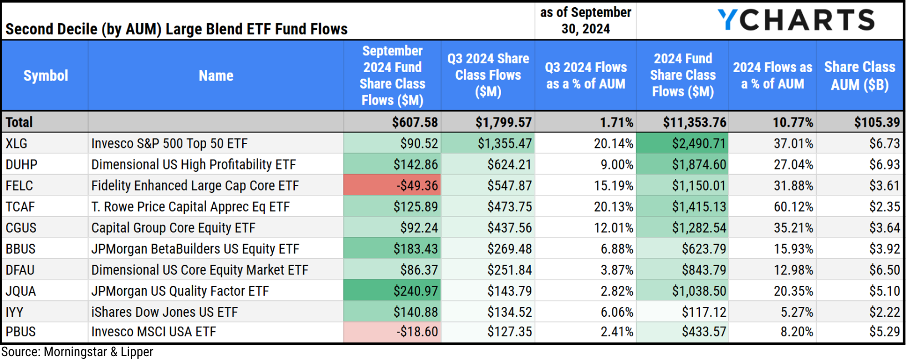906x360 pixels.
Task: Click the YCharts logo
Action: [796, 20]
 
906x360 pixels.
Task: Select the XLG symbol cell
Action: [17, 143]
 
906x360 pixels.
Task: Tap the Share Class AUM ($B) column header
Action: [859, 76]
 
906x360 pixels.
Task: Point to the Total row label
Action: [19, 122]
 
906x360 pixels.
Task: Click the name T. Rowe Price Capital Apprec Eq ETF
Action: [190, 207]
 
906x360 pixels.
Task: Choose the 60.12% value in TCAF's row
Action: [793, 207]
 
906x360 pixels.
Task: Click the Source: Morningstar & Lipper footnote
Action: [77, 352]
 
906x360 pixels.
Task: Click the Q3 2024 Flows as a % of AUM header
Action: [585, 76]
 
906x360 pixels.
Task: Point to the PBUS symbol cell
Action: [21, 332]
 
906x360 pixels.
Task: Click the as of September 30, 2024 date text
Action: [585, 20]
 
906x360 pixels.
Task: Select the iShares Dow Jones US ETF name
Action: [164, 312]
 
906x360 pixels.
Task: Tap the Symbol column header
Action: [45, 76]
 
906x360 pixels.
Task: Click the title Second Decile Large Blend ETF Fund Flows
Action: [176, 29]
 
